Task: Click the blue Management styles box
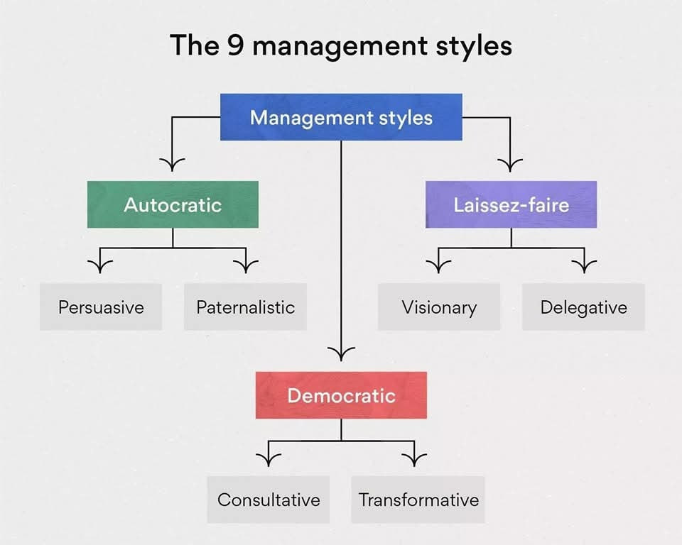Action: point(341,117)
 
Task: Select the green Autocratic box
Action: point(173,204)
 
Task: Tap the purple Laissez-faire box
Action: point(511,204)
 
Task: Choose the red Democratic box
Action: point(341,395)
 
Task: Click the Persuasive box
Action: point(101,307)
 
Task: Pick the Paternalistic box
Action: point(245,307)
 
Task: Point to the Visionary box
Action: point(438,307)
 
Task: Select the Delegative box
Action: point(583,307)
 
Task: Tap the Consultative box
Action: point(269,499)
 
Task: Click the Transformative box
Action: point(418,499)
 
